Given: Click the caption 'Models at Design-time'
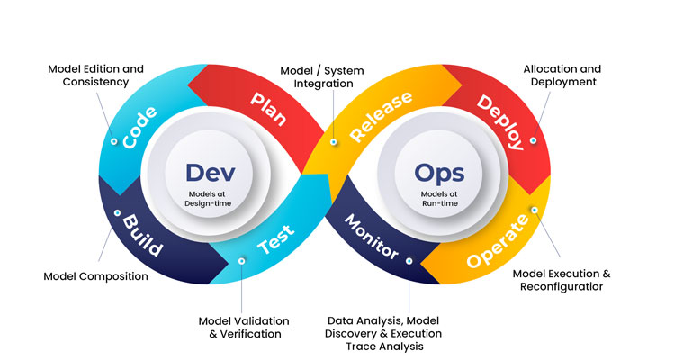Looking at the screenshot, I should pyautogui.click(x=208, y=200).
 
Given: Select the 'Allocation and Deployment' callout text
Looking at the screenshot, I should pyautogui.click(x=562, y=75).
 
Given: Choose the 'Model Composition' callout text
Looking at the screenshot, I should pyautogui.click(x=96, y=276).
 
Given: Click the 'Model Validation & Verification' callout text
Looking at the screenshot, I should pyautogui.click(x=244, y=327).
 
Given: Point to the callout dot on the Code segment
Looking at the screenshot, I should pyautogui.click(x=113, y=141).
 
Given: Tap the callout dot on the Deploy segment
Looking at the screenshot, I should pyautogui.click(x=534, y=140).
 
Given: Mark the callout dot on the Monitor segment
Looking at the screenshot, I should pyautogui.click(x=409, y=261).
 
